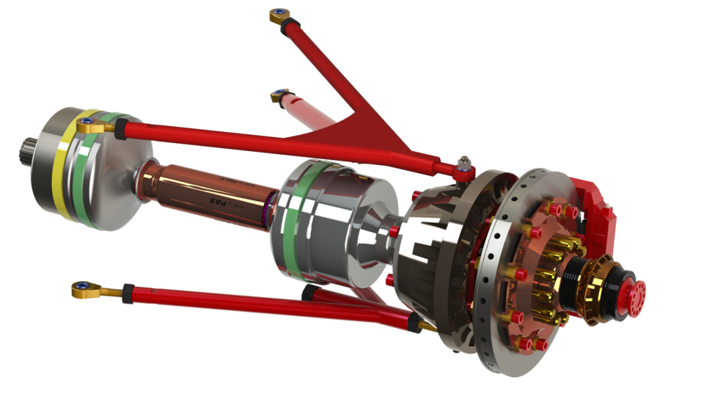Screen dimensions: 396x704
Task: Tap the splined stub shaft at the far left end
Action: click(x=26, y=150)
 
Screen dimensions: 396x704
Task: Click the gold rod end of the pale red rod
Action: click(x=279, y=95)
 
